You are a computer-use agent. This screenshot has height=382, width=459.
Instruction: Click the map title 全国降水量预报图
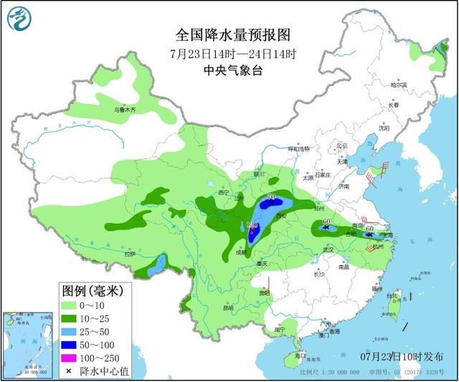click(x=228, y=34)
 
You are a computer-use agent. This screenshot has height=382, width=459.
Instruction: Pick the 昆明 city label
click(x=227, y=308)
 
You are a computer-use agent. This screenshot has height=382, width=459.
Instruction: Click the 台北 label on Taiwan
click(x=392, y=295)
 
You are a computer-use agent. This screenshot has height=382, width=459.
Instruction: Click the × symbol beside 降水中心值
click(x=71, y=371)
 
